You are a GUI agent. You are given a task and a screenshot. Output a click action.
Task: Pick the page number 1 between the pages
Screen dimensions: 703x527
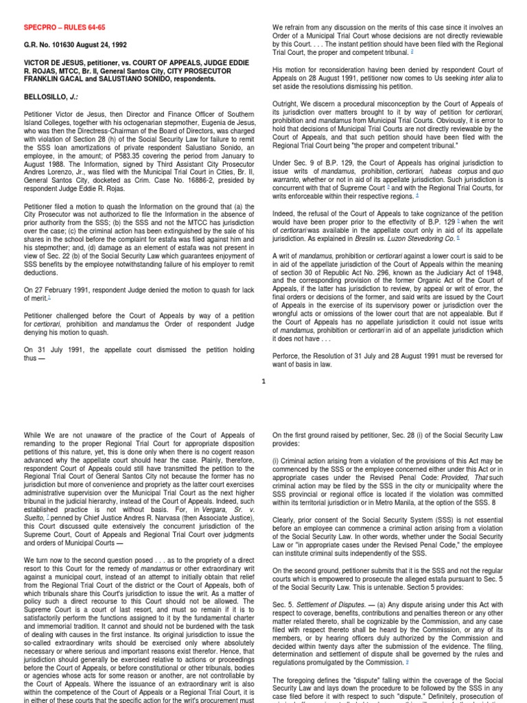263,382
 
